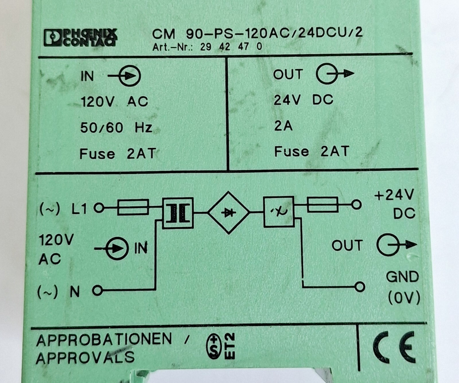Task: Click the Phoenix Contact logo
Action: [x=81, y=37]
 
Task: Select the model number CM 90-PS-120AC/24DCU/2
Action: [x=257, y=33]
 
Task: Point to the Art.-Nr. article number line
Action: [x=207, y=46]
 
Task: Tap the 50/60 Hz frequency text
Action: [x=116, y=127]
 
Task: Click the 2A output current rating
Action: [x=283, y=126]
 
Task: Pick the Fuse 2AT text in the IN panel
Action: [x=118, y=154]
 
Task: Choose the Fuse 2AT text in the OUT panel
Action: [x=312, y=151]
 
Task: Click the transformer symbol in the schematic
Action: [x=178, y=213]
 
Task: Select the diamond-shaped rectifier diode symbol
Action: [x=229, y=213]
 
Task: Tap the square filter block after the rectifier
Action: [x=279, y=212]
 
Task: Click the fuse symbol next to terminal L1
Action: [x=133, y=207]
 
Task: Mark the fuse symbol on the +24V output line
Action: [x=322, y=205]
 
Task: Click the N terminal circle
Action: [x=98, y=291]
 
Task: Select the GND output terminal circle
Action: [x=359, y=287]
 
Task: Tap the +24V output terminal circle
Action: [x=356, y=205]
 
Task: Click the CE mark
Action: [x=394, y=347]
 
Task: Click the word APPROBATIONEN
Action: [x=104, y=340]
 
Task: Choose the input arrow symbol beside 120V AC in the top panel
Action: [x=124, y=76]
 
